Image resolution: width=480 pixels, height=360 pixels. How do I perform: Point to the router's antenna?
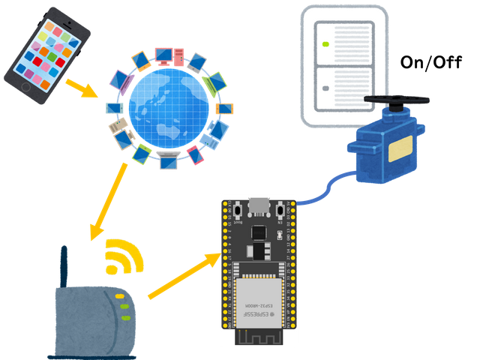[x=65, y=262]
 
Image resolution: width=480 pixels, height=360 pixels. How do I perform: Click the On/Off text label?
[x=433, y=63]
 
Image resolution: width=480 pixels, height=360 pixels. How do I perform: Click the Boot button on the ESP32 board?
[x=238, y=211]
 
